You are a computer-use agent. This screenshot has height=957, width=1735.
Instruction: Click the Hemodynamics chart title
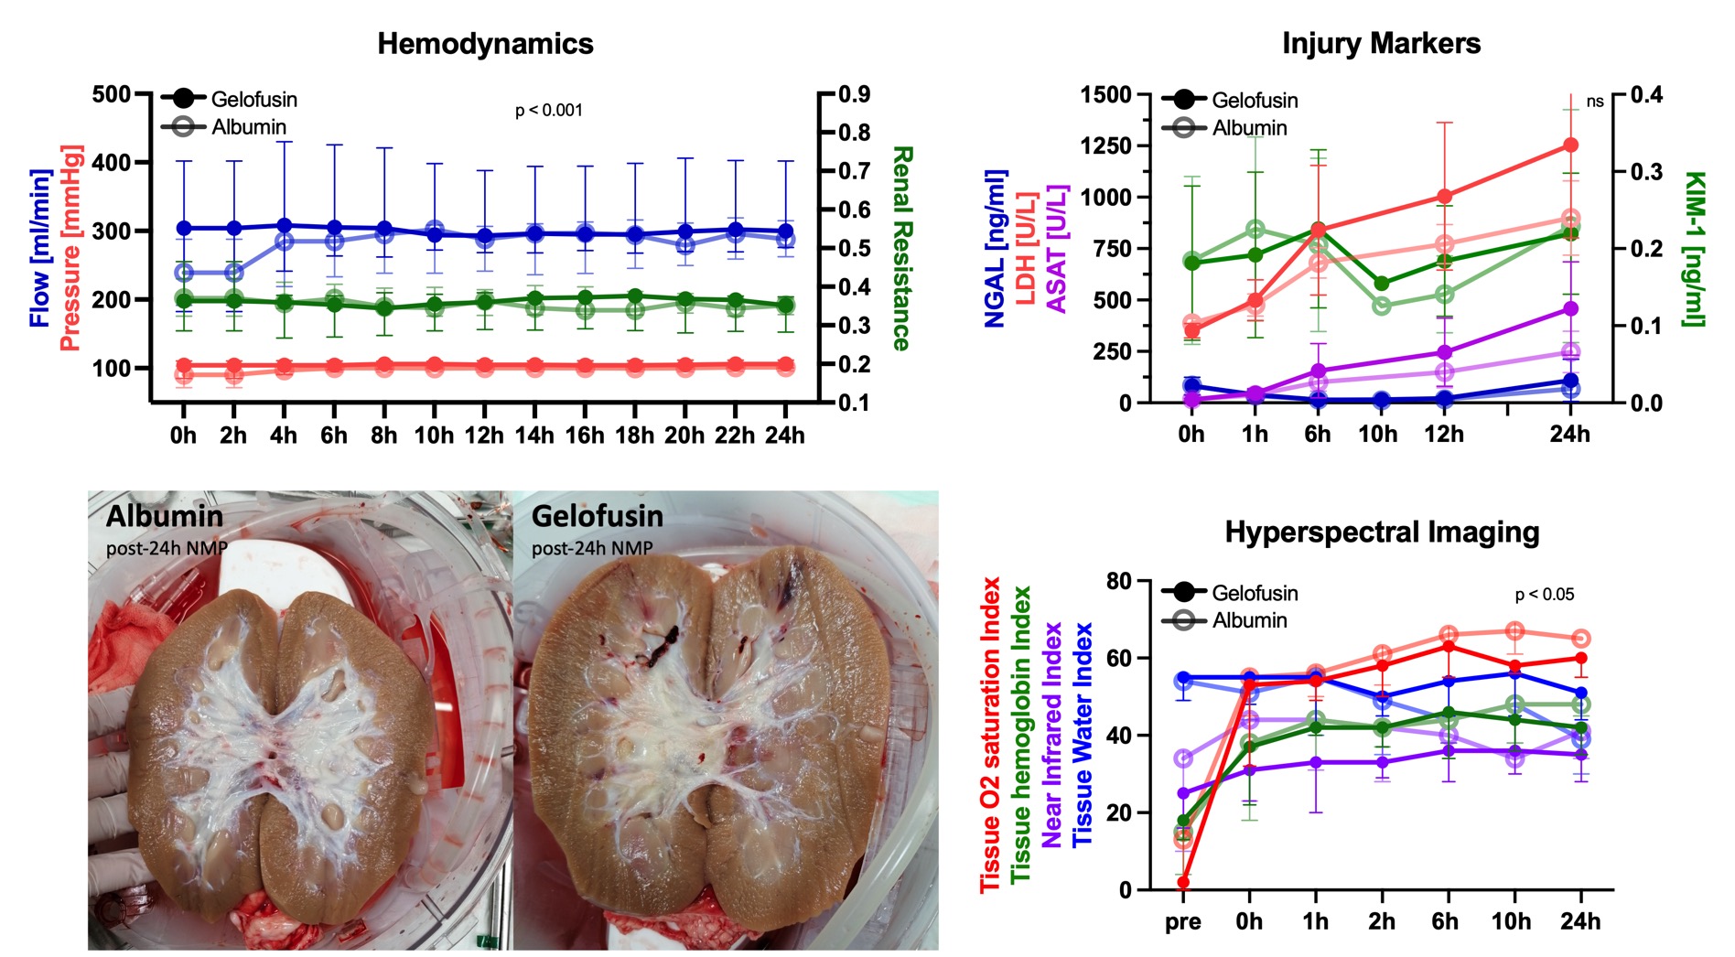click(x=485, y=44)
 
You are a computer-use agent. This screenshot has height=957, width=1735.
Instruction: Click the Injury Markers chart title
click(x=1381, y=44)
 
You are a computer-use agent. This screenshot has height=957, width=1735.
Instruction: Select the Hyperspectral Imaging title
click(x=1382, y=532)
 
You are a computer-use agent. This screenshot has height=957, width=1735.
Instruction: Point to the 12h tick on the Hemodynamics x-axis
click(x=484, y=435)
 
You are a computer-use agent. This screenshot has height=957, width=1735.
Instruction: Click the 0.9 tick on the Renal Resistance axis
click(x=854, y=94)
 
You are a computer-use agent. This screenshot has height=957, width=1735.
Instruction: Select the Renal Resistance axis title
click(x=901, y=248)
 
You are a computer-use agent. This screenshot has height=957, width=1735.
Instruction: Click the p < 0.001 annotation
click(x=549, y=111)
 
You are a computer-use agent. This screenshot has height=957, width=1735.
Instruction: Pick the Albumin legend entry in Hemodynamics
click(x=248, y=126)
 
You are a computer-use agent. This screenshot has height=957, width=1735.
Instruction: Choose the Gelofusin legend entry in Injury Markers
click(x=1254, y=100)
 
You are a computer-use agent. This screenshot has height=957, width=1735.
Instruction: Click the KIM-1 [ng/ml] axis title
click(x=1694, y=248)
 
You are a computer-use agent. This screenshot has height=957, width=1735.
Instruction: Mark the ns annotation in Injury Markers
click(x=1595, y=102)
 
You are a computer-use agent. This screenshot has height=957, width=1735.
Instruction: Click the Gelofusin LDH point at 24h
click(x=1570, y=145)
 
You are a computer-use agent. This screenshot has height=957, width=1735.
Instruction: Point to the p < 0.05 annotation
click(x=1545, y=595)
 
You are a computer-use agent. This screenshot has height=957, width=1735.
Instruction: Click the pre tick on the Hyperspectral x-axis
click(x=1183, y=921)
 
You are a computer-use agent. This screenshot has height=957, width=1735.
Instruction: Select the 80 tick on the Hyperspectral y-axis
click(x=1118, y=581)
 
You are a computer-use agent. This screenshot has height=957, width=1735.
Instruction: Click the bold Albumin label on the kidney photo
click(x=165, y=517)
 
